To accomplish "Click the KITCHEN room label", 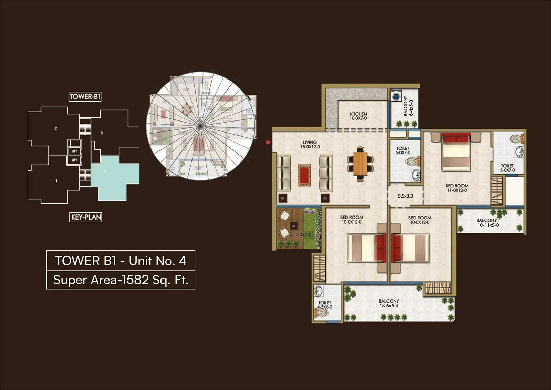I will pyautogui.click(x=358, y=116).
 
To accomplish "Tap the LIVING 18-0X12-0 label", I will pyautogui.click(x=310, y=144).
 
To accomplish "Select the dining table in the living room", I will pyautogui.click(x=360, y=164).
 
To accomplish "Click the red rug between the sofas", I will pyautogui.click(x=304, y=175).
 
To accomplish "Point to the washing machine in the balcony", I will pyautogui.click(x=396, y=96).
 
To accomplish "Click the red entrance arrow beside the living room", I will pyautogui.click(x=268, y=142).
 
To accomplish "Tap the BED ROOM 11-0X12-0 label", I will pyautogui.click(x=457, y=188).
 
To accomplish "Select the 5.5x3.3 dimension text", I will pyautogui.click(x=405, y=196).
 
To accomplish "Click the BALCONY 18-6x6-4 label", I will pyautogui.click(x=389, y=303).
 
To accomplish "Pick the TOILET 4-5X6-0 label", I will pyautogui.click(x=324, y=305).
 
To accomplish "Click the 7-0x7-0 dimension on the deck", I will pyautogui.click(x=303, y=235).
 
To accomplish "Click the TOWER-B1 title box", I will pyautogui.click(x=85, y=97).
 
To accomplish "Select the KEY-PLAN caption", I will pyautogui.click(x=86, y=217).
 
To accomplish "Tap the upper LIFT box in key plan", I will pyautogui.click(x=74, y=151).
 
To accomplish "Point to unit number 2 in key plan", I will pyautogui.click(x=56, y=128).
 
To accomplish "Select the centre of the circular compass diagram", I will pyautogui.click(x=200, y=126).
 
